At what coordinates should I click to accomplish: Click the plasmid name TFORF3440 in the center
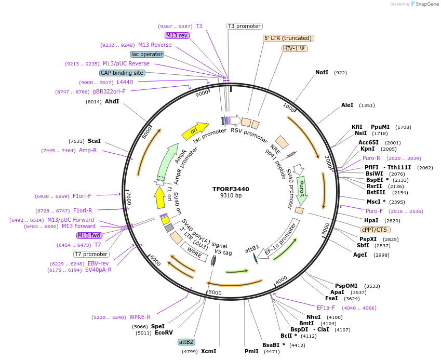click(x=231, y=189)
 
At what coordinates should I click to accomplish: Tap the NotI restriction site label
click(x=322, y=73)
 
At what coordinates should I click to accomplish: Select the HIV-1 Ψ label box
click(x=295, y=48)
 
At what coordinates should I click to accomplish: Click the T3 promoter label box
click(x=245, y=26)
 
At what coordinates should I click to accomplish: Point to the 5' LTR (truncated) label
click(x=288, y=38)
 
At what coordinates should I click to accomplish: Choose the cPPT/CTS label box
click(x=376, y=229)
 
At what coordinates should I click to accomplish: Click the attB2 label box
click(x=186, y=342)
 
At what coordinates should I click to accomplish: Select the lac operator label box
click(x=147, y=54)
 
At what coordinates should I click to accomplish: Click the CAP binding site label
click(x=122, y=73)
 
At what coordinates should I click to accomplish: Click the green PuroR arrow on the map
click(x=302, y=191)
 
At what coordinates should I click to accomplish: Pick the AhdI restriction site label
click(x=112, y=101)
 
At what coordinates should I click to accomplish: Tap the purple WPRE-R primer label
click(x=140, y=317)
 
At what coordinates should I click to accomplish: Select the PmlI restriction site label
click(x=251, y=351)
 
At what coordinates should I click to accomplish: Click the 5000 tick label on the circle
click(x=215, y=292)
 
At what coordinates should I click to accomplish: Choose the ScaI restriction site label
click(x=94, y=141)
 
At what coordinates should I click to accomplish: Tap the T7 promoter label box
click(x=91, y=254)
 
